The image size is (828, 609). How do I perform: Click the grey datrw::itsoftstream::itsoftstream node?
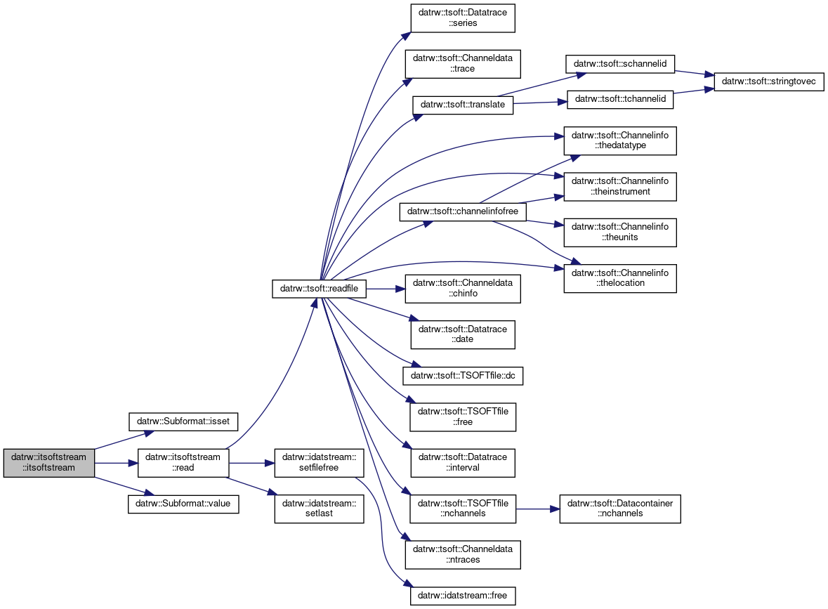coord(48,463)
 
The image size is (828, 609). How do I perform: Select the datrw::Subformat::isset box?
coord(183,421)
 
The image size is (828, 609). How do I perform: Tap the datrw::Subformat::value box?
coord(183,504)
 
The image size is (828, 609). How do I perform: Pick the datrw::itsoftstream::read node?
coord(183,463)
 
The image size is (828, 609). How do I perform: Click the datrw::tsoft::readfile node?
coord(319,289)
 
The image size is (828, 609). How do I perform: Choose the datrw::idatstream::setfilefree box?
coord(319,463)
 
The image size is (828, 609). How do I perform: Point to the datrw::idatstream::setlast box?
coord(319,509)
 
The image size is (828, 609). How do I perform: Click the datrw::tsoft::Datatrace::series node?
coord(463,18)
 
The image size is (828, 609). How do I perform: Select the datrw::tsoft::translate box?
coord(463,104)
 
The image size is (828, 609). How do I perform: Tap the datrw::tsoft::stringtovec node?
coord(769,81)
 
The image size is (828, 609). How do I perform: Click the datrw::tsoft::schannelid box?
coord(620,63)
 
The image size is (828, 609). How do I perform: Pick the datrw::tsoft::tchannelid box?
coord(620,99)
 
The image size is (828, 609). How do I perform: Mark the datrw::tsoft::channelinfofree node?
coord(463,211)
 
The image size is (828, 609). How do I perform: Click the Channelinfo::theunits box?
coord(620,233)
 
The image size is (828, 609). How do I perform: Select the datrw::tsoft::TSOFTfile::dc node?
coord(463,376)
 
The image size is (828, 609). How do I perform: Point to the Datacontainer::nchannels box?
coord(620,509)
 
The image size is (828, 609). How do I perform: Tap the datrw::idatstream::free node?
coord(463,595)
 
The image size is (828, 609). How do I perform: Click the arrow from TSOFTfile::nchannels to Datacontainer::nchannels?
coord(537,509)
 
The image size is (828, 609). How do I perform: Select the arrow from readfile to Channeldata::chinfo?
coord(386,289)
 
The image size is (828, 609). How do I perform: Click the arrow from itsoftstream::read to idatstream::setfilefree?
coord(251,463)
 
